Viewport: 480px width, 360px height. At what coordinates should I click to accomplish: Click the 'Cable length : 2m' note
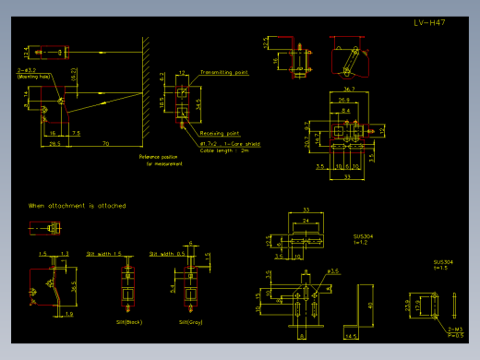click(223, 150)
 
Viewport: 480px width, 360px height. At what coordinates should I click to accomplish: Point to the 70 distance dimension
click(106, 143)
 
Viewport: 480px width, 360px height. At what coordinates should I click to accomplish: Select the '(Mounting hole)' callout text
click(33, 78)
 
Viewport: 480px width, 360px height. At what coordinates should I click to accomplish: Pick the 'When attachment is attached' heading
click(77, 205)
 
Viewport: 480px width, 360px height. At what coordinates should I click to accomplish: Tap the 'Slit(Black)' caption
click(127, 321)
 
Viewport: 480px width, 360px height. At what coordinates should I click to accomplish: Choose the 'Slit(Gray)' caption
click(191, 321)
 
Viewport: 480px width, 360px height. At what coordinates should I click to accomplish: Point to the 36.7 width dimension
click(349, 89)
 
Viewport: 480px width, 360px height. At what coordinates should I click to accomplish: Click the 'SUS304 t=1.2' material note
click(364, 238)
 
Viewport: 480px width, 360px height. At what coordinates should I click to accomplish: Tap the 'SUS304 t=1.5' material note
click(443, 264)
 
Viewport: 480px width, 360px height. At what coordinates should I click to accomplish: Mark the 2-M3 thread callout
click(454, 329)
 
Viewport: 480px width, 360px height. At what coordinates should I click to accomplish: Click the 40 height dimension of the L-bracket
click(370, 305)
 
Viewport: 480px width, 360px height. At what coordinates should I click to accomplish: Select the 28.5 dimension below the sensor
click(54, 143)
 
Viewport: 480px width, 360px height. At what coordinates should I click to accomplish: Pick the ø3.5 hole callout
click(334, 271)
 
